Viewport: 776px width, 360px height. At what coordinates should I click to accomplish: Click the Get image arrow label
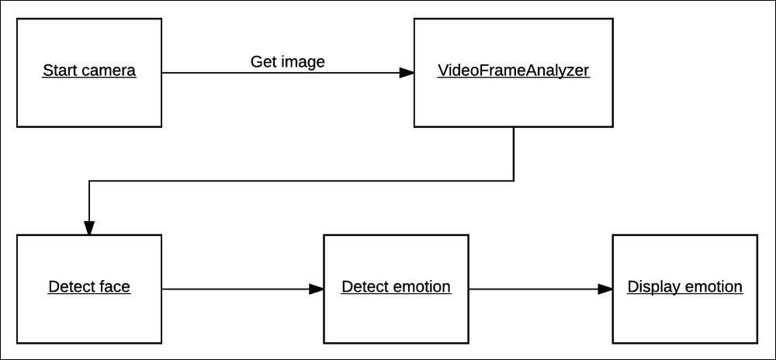[287, 61]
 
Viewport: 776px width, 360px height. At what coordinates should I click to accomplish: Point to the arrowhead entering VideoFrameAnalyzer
[407, 72]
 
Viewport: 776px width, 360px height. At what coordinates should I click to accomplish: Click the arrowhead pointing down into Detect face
[89, 227]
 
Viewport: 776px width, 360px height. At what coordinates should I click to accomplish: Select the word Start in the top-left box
[59, 71]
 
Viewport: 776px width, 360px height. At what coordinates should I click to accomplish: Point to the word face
[114, 287]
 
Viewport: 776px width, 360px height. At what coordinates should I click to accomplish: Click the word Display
[653, 287]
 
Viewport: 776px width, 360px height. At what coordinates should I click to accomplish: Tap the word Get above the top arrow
[263, 61]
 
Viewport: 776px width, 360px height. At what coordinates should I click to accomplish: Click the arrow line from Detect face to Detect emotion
[233, 289]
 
